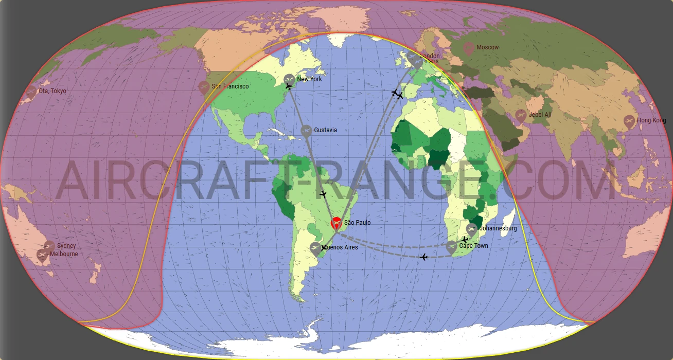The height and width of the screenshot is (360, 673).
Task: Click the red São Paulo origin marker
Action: click(335, 224)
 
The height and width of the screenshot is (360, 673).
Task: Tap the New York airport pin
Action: click(290, 79)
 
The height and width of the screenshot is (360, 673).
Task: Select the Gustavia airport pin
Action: click(306, 130)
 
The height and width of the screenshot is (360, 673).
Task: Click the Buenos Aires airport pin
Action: click(315, 248)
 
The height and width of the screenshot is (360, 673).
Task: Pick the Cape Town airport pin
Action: click(451, 247)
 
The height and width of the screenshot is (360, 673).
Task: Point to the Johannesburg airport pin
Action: click(471, 229)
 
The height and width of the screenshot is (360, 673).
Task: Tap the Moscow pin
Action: click(468, 48)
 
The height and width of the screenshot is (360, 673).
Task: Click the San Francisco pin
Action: click(204, 86)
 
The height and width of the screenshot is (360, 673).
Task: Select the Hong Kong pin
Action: click(629, 121)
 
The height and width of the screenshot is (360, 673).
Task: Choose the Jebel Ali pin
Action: click(521, 115)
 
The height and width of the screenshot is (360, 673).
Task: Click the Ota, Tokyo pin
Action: click(31, 92)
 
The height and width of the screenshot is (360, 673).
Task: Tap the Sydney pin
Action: click(49, 246)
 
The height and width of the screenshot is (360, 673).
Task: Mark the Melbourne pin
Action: click(42, 254)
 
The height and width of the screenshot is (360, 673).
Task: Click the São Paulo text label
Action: click(357, 223)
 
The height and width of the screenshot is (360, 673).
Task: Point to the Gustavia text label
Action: click(325, 130)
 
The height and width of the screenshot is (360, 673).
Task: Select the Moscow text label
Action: click(487, 47)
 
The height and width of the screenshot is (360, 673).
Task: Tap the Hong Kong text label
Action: click(651, 120)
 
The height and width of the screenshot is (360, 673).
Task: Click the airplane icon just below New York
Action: click(288, 87)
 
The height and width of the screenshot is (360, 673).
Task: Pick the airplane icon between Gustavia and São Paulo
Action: click(323, 194)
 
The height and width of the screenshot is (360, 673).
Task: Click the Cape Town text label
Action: click(473, 246)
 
